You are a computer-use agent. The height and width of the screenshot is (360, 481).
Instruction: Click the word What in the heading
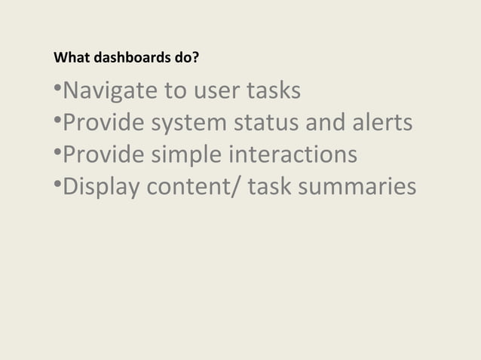(x=69, y=57)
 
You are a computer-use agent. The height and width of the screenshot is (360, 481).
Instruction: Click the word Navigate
(x=106, y=92)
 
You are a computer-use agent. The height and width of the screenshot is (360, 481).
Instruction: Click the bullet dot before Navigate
(x=57, y=89)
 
